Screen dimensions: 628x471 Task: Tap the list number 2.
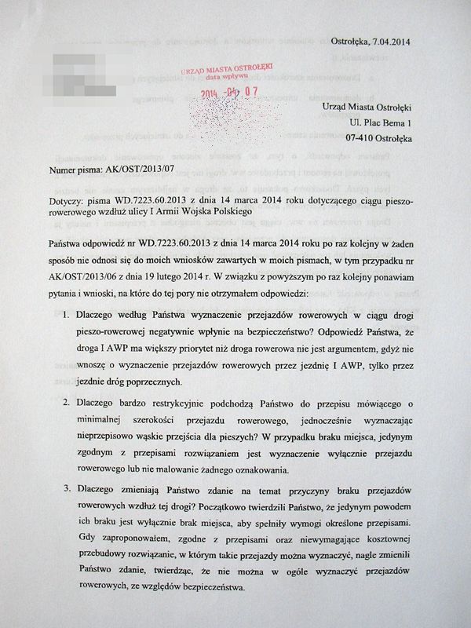pyautogui.click(x=65, y=403)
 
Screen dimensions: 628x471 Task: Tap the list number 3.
pyautogui.click(x=65, y=489)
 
